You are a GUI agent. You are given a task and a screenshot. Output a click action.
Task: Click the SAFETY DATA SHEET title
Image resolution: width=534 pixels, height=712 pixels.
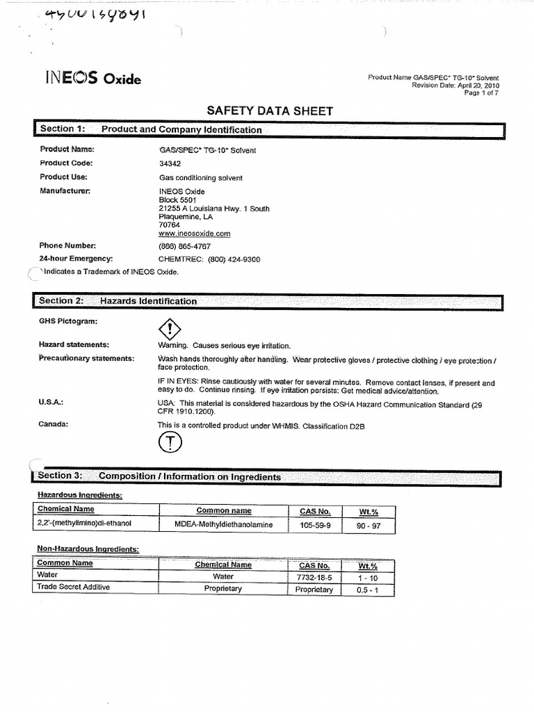click(270, 111)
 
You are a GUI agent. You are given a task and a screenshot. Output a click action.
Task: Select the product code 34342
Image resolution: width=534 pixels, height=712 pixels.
click(170, 163)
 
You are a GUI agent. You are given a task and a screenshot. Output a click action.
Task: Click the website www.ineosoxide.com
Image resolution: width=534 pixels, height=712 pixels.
click(194, 234)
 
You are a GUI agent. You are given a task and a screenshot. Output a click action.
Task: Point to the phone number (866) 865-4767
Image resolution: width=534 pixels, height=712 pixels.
click(184, 246)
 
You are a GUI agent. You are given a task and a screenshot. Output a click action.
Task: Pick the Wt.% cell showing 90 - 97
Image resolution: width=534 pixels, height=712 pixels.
click(368, 525)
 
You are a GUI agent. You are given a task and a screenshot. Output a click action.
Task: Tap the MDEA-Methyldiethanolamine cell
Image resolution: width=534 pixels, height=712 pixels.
click(223, 524)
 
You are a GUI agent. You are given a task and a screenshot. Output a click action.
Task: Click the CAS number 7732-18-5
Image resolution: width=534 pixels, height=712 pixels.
click(314, 577)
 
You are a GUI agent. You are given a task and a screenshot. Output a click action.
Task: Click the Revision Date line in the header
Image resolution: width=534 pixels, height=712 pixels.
click(455, 86)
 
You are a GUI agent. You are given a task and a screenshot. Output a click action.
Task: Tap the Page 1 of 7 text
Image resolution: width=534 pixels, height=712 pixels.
click(481, 93)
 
